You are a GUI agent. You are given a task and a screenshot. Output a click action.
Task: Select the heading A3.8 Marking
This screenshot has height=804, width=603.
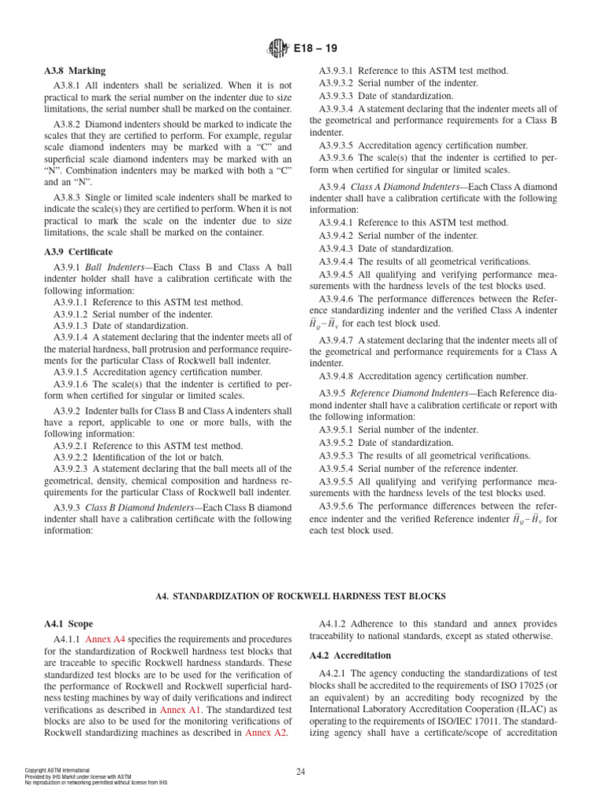coord(75,71)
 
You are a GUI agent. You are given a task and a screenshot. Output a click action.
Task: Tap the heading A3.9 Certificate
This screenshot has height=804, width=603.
coord(79,252)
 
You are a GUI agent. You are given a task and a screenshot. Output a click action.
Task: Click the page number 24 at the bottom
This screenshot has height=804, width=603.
coord(301,772)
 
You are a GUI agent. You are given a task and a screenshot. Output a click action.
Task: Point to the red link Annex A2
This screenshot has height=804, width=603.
coord(266,733)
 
